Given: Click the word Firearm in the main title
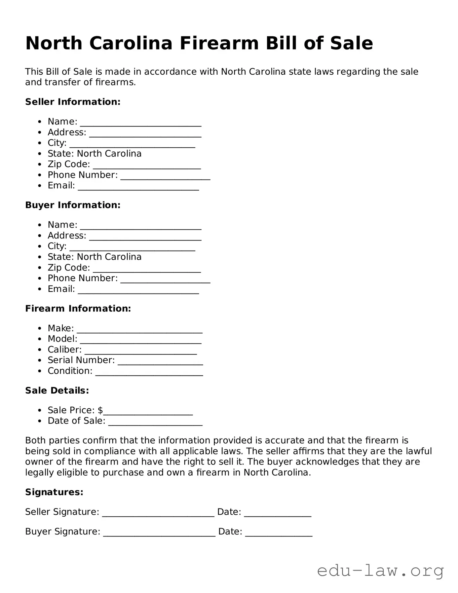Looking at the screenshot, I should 219,43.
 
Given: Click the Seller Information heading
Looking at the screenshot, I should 73,102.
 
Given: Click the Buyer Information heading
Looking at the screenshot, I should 73,205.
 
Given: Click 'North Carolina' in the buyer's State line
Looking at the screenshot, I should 109,257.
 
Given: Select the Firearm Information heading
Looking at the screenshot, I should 78,309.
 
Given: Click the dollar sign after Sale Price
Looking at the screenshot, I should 100,410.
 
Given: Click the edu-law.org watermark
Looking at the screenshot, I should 380,571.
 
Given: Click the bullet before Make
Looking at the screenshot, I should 40,328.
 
